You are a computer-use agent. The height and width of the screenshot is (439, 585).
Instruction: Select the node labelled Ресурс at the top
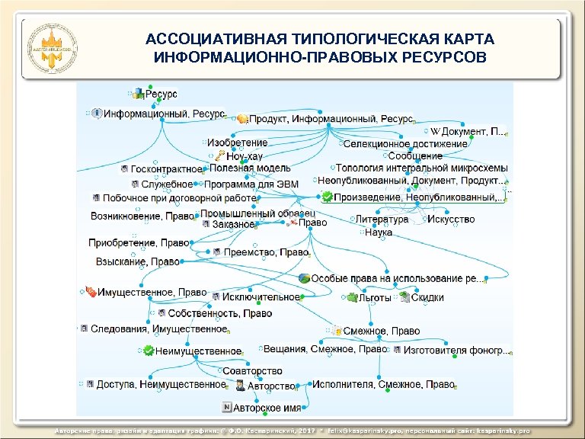point(161,94)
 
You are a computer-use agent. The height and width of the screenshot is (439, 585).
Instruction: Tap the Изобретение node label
point(237,143)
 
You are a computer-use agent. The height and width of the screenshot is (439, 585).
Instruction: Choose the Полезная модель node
point(250,168)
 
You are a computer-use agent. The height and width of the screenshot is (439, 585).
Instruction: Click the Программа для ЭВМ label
point(251,184)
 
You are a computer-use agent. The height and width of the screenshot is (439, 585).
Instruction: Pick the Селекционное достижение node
point(404,143)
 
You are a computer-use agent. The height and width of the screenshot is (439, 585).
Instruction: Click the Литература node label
point(382,219)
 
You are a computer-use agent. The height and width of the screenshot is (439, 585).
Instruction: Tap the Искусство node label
point(450,219)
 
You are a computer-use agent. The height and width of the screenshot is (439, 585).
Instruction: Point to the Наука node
point(379,232)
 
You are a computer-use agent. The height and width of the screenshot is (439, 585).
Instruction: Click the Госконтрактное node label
point(167,168)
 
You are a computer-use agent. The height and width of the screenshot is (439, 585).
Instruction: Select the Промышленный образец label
point(257,213)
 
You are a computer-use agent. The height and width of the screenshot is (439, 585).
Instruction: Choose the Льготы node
point(375,298)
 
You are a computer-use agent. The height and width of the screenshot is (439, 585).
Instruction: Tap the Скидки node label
point(427,298)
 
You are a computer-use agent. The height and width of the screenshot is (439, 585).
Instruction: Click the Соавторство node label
point(252,371)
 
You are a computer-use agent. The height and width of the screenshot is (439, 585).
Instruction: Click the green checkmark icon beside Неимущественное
point(148,351)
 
